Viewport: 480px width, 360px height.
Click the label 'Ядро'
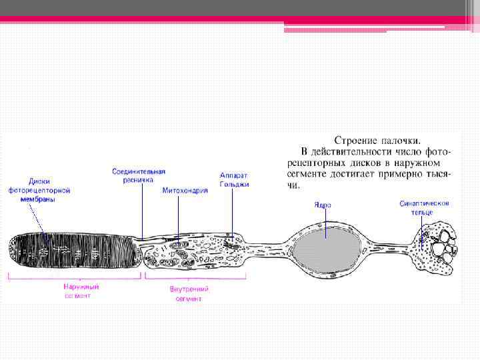point(322,205)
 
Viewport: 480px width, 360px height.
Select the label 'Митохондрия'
point(185,190)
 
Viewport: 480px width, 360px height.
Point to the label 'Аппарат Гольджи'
point(234,180)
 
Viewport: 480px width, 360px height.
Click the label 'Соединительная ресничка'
point(138,175)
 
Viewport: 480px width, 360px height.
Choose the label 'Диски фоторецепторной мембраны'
point(39,190)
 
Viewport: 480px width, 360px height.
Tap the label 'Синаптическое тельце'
point(425,207)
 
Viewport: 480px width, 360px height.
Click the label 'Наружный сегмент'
point(77,291)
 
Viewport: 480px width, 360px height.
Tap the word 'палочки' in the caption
point(401,141)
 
